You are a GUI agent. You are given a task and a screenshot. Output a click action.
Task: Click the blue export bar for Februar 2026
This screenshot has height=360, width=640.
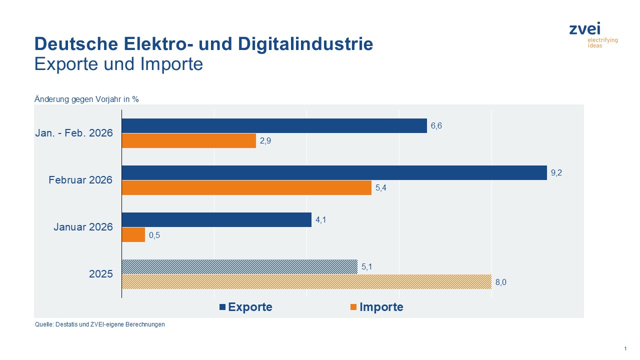click(x=334, y=173)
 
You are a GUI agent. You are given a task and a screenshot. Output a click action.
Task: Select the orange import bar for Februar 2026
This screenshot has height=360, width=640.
click(x=246, y=188)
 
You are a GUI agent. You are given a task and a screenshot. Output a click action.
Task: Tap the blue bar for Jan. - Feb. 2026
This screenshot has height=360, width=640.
click(x=274, y=126)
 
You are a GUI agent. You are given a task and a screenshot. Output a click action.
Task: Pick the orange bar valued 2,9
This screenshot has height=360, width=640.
click(x=189, y=141)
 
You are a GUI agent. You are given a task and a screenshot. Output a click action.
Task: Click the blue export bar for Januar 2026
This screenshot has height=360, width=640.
click(x=216, y=220)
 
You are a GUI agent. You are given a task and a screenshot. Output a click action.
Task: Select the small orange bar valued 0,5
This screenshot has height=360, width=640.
click(x=133, y=235)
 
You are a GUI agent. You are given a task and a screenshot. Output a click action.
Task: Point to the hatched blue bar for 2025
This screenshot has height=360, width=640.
click(x=239, y=267)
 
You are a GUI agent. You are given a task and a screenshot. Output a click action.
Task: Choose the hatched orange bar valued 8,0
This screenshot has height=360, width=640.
click(x=306, y=282)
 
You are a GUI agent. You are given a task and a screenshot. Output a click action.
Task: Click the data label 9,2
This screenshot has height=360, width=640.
click(x=556, y=173)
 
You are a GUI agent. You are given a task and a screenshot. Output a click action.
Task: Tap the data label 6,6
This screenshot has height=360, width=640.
click(x=436, y=126)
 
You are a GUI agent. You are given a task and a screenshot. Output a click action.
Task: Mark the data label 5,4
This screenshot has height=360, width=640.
click(x=381, y=188)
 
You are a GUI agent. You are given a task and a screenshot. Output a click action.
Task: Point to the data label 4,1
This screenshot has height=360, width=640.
click(x=321, y=220)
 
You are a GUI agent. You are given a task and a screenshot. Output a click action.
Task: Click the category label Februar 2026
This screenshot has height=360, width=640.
click(x=80, y=180)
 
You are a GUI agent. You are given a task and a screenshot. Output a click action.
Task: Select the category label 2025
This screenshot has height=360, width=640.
click(x=101, y=274)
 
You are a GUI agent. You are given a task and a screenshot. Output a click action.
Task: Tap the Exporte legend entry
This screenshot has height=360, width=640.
click(x=246, y=307)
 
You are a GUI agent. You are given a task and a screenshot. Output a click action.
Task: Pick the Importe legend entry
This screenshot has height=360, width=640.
click(x=376, y=307)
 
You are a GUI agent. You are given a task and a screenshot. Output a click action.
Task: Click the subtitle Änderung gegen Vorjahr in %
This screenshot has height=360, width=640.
click(x=86, y=99)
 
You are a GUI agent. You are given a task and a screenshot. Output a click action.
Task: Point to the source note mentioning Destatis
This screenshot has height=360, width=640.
click(x=99, y=324)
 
